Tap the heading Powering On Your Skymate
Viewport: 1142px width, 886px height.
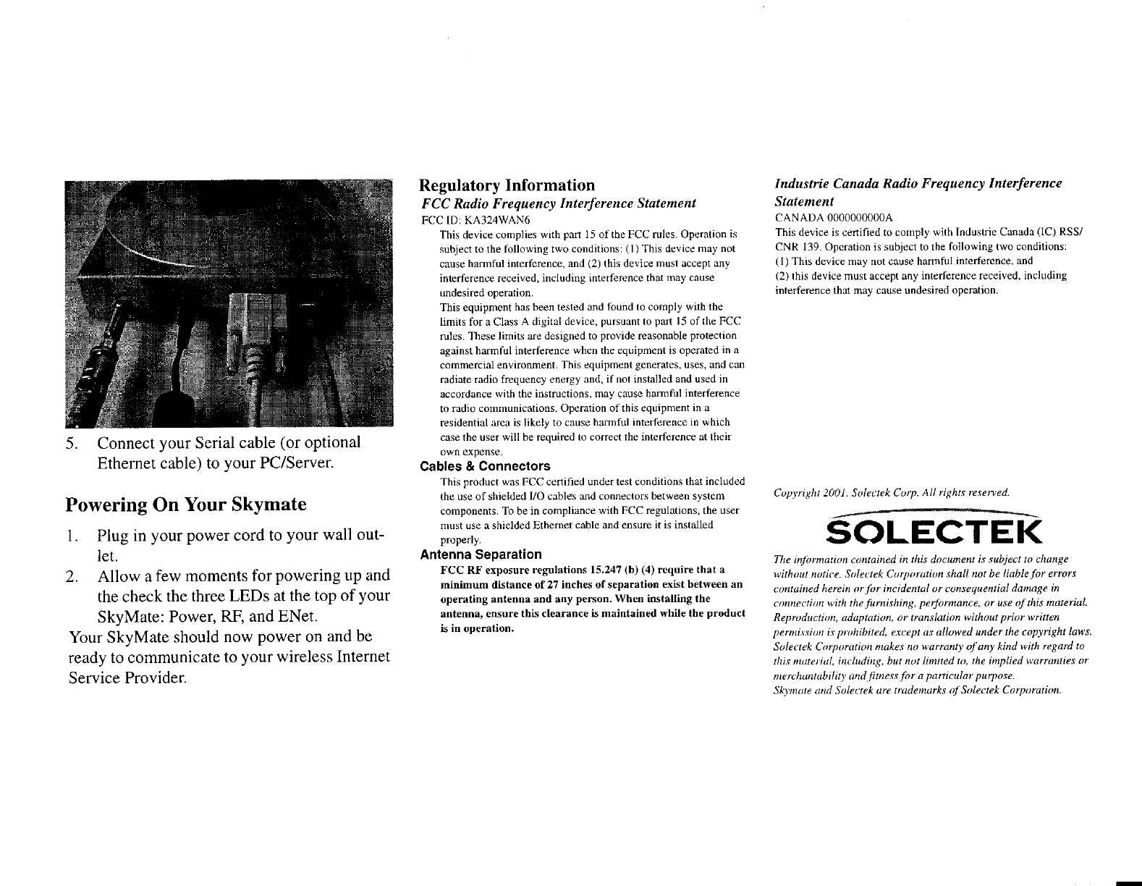[185, 504]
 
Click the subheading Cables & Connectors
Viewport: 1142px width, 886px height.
[485, 466]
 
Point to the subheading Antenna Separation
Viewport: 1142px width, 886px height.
[481, 554]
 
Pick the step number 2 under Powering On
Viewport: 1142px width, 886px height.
[71, 576]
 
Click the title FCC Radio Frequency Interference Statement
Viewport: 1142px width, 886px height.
[558, 203]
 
